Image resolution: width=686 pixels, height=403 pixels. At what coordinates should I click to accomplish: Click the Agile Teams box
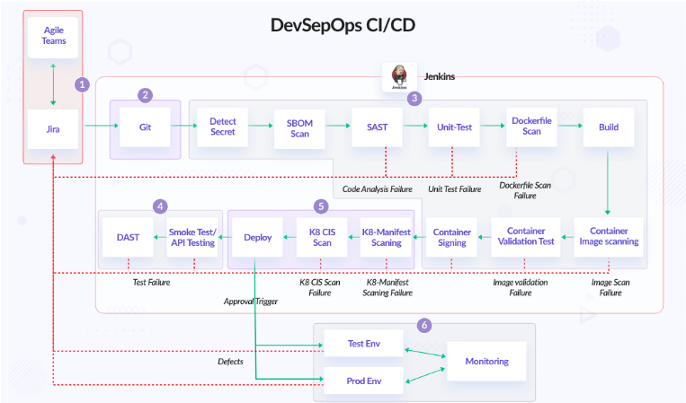53,37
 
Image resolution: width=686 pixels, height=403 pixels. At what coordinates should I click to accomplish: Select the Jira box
53,127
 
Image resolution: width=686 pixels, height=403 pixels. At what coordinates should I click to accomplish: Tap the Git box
145,127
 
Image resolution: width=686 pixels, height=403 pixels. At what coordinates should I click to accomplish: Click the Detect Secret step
222,127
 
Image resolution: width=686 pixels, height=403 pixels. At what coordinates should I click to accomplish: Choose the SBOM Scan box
298,127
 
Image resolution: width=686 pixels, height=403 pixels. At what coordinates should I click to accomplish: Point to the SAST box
377,127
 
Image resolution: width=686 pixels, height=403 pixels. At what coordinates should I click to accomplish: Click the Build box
608,127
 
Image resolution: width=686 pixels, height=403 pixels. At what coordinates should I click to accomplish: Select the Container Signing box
452,237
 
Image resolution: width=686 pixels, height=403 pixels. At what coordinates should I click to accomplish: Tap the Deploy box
257,237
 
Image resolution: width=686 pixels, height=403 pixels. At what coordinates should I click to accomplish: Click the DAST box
128,237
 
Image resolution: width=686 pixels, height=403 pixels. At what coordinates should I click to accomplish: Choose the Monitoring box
486,362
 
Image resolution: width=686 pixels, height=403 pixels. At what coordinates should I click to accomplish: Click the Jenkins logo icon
397,76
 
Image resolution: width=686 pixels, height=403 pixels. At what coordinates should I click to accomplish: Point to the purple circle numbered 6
424,324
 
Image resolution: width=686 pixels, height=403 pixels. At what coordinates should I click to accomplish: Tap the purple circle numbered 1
82,84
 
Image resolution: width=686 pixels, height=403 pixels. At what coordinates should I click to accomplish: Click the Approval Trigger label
251,302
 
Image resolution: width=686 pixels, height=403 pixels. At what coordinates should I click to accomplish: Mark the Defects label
231,362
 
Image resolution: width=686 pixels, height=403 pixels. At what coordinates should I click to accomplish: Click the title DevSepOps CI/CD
343,25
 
